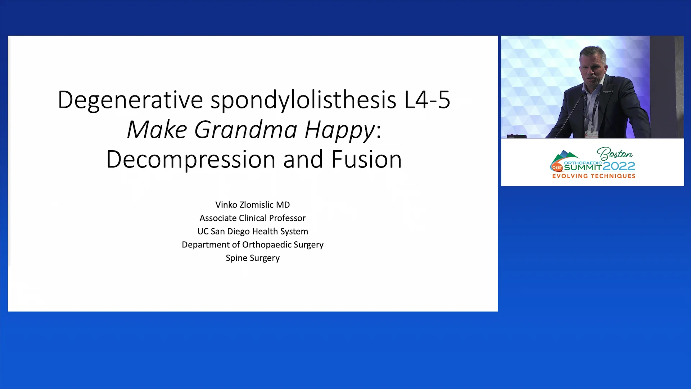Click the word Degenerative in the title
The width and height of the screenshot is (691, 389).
coord(130,100)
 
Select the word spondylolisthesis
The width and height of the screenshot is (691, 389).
coord(303,100)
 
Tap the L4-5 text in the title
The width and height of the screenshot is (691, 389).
coord(427,100)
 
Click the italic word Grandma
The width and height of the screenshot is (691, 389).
coord(245,129)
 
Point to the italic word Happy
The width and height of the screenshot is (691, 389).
coord(339,130)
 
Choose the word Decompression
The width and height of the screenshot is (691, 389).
coord(191,159)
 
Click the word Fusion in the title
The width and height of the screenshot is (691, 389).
coord(366,159)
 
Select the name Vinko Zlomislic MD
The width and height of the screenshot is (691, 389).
coord(252,205)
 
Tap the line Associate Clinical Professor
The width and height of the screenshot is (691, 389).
coord(252,218)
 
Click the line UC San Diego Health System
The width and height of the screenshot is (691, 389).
coord(252,231)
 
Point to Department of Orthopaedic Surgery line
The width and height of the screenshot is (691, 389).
coord(252,245)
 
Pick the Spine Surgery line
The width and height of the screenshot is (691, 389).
coord(252,258)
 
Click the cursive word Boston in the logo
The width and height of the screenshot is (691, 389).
coord(615,154)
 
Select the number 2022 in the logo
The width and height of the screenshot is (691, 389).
coord(619,166)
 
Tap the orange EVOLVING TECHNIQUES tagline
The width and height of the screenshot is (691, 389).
coord(593,176)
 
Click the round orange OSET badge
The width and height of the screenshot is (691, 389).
coord(557,167)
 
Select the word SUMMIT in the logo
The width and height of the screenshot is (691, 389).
coord(583,167)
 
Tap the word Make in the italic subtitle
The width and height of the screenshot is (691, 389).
coord(157,129)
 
